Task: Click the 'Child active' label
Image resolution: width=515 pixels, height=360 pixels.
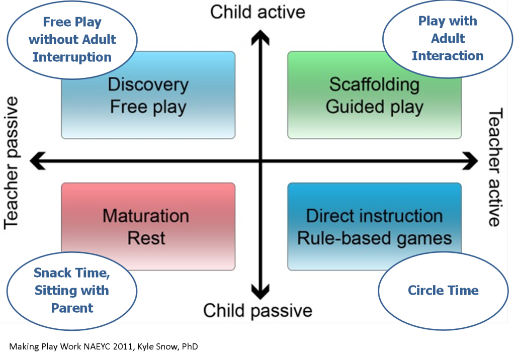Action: pyautogui.click(x=257, y=12)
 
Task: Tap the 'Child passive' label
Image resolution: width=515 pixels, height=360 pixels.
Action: pyautogui.click(x=257, y=310)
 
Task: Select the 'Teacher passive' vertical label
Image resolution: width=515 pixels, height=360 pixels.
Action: pyautogui.click(x=11, y=163)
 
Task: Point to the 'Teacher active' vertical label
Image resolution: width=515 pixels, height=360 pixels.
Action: pyautogui.click(x=495, y=167)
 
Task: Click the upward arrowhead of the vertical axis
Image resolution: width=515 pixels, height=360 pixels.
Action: pyautogui.click(x=261, y=37)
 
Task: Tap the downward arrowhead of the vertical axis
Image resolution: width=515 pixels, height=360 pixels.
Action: pyautogui.click(x=261, y=292)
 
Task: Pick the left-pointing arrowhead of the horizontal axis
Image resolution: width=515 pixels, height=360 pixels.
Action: pyautogui.click(x=37, y=160)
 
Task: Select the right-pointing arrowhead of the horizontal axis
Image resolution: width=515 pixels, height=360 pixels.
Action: pyautogui.click(x=470, y=160)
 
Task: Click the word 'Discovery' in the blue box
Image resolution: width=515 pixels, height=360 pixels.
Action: pyautogui.click(x=148, y=85)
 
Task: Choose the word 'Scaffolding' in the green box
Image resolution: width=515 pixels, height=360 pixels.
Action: pyautogui.click(x=374, y=85)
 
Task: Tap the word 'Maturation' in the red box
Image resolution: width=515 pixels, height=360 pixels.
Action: pyautogui.click(x=146, y=216)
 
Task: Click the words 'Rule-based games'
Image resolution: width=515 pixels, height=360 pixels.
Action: pyautogui.click(x=374, y=239)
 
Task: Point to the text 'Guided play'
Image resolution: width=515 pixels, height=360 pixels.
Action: pyautogui.click(x=374, y=107)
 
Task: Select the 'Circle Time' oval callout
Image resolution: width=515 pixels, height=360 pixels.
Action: pyautogui.click(x=443, y=291)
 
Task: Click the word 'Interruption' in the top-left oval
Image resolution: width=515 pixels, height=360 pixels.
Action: pyautogui.click(x=72, y=57)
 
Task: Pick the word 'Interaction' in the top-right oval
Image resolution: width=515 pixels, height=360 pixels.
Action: pyautogui.click(x=448, y=56)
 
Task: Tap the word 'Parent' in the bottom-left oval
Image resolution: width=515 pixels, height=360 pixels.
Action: pyautogui.click(x=72, y=308)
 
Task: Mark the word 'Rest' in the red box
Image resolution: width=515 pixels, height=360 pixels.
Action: pyautogui.click(x=146, y=238)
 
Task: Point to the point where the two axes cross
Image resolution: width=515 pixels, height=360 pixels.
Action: pyautogui.click(x=261, y=160)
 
